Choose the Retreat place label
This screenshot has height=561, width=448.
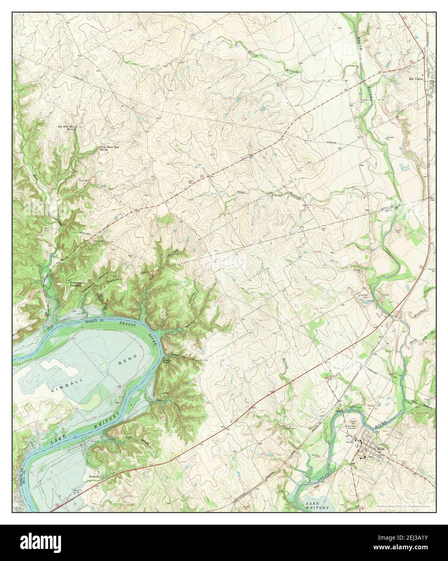click(x=94, y=477)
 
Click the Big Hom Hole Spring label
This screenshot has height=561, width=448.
click(x=67, y=128)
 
